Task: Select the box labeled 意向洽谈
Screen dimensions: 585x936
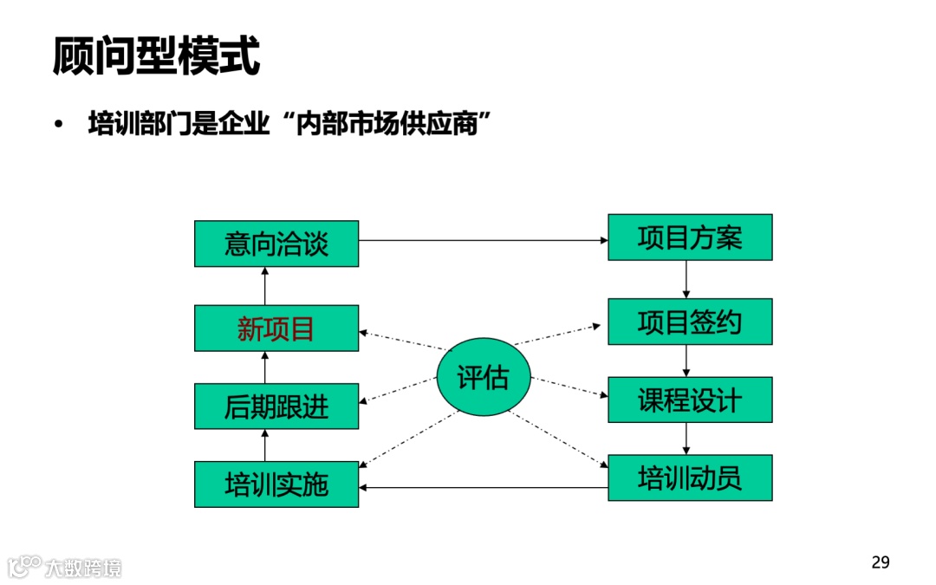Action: coord(276,244)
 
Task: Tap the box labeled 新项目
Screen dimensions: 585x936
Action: coord(276,328)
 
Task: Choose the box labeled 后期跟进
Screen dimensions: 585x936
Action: coord(276,406)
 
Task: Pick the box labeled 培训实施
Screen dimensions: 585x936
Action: coord(276,484)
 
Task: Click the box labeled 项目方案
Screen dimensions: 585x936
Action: coord(690,237)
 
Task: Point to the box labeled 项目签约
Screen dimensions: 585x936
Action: coord(690,322)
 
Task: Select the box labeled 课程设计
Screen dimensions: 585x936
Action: coord(690,400)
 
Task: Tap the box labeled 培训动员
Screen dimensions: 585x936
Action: coord(690,478)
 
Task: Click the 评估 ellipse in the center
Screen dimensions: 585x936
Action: coord(482,377)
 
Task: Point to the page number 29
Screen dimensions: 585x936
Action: coord(880,562)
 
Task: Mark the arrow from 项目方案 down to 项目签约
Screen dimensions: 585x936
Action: coord(686,279)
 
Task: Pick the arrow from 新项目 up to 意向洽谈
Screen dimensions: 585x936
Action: coord(265,286)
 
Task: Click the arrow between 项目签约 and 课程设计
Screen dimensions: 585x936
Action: coord(686,361)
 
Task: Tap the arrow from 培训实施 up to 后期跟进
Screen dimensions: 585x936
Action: coord(265,445)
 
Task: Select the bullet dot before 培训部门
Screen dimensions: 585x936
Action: coord(58,125)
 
